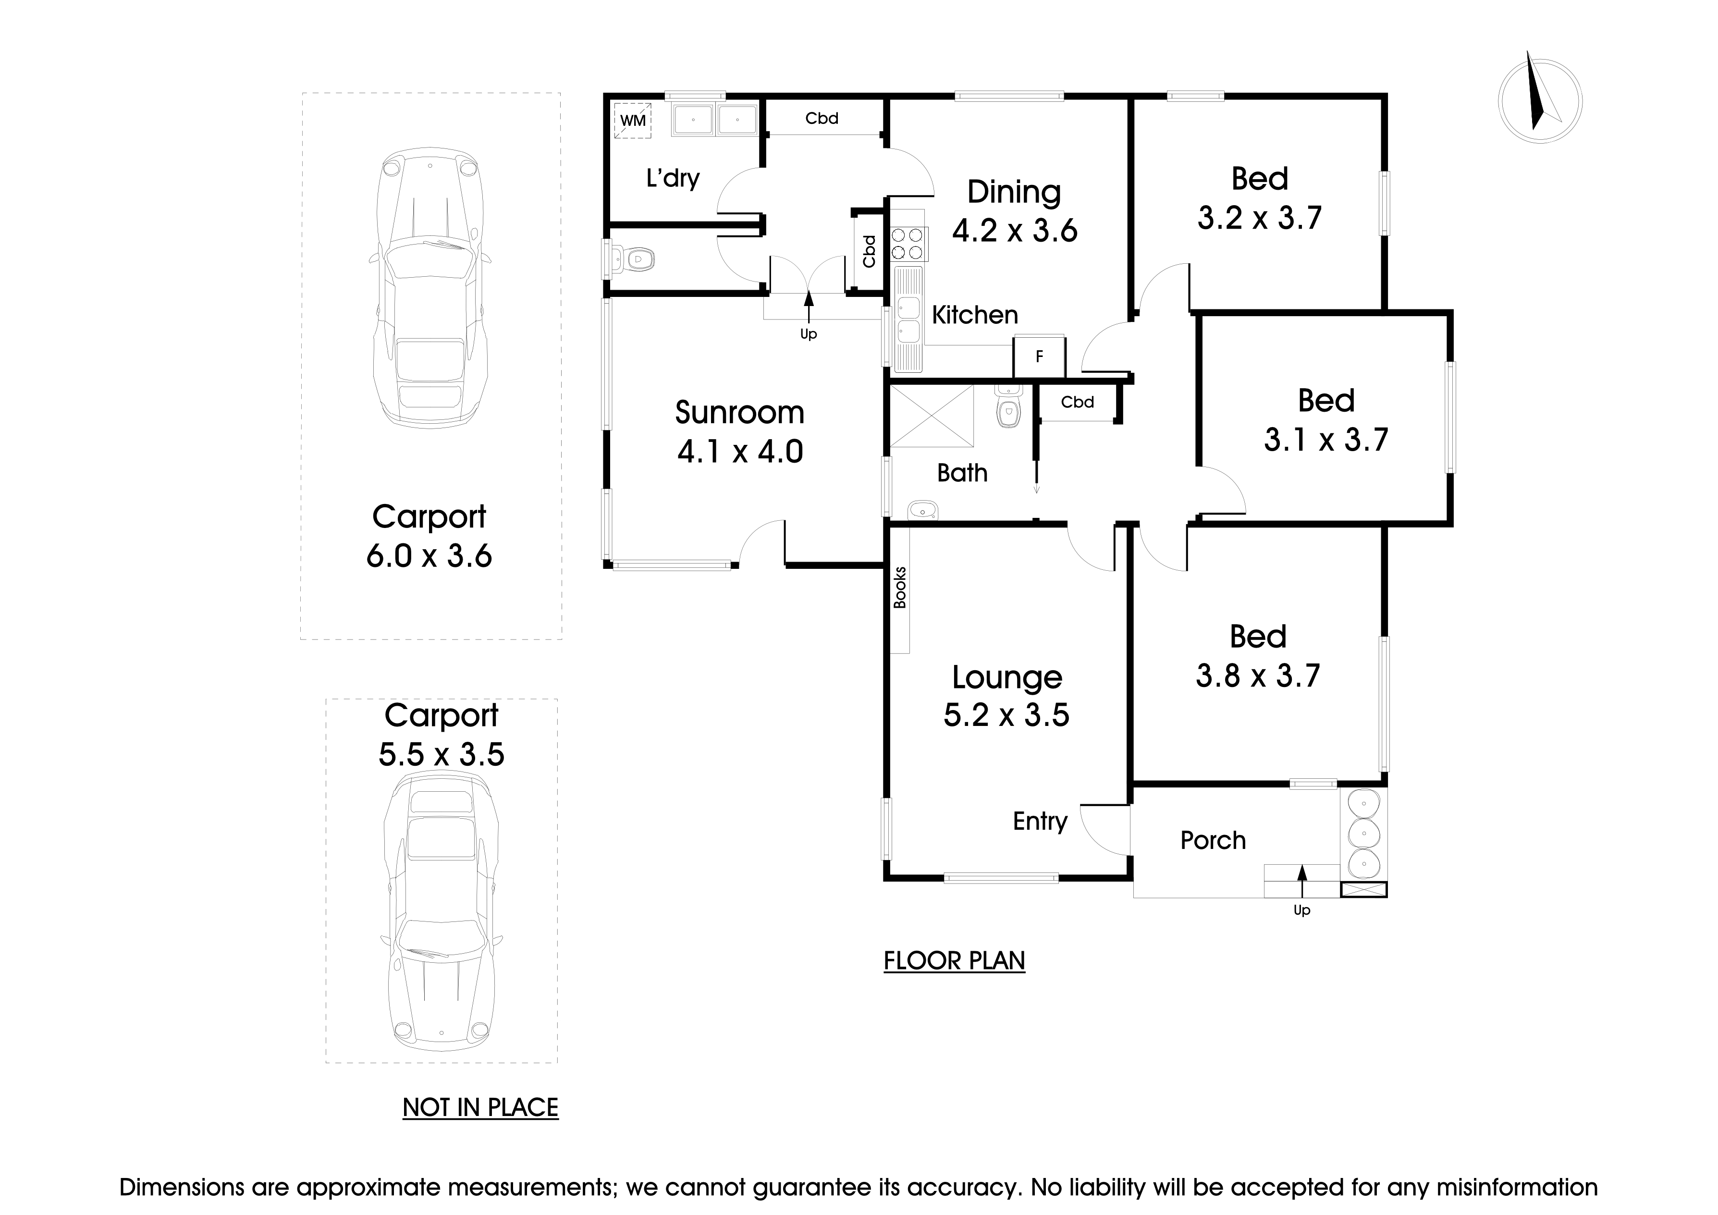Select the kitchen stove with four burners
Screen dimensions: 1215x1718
[x=909, y=243]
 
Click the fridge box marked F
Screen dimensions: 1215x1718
[x=1039, y=357]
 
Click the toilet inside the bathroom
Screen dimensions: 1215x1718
[x=1008, y=409]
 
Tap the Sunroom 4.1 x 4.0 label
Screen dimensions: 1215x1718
[x=739, y=432]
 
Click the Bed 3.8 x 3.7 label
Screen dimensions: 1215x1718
[x=1257, y=656]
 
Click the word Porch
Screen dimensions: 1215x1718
[x=1212, y=840]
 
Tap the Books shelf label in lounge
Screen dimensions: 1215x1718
[x=899, y=587]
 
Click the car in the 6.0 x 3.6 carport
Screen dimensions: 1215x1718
[x=430, y=288]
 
